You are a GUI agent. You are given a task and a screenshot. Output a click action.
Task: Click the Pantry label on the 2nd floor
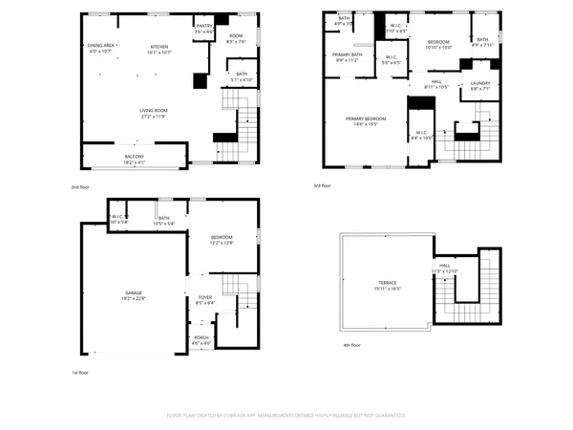[x=203, y=26]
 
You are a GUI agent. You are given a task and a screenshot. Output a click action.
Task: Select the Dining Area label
[x=100, y=46]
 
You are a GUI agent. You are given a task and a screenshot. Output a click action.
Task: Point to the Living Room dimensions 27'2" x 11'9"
[x=153, y=117]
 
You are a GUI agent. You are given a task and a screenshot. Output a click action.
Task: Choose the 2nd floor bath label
[x=242, y=75]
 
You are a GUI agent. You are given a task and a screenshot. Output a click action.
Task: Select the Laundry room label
[x=479, y=83]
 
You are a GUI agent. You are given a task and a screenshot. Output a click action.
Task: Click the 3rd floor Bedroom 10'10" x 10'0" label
[x=438, y=43]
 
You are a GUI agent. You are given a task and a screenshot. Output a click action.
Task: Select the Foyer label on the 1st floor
[x=205, y=298]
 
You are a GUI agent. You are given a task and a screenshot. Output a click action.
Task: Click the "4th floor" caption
[x=352, y=345]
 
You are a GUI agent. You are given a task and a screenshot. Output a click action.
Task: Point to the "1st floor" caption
[x=81, y=371]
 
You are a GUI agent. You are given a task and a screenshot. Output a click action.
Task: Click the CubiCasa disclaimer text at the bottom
[x=286, y=416]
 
